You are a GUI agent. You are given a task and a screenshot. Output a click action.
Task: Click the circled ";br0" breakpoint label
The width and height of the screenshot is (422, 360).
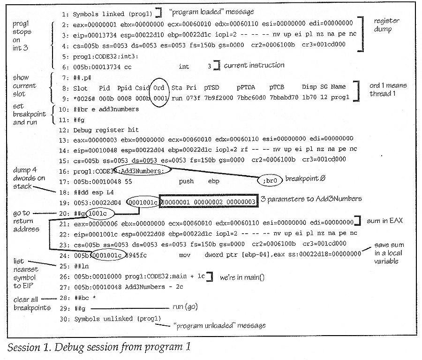click(x=270, y=180)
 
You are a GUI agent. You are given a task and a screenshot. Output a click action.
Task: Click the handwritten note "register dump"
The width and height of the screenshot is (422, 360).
click(x=386, y=25)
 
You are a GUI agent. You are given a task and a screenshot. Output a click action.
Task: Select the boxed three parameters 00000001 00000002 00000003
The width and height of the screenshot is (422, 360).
click(x=209, y=201)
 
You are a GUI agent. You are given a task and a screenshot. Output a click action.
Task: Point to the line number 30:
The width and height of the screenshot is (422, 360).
click(x=65, y=319)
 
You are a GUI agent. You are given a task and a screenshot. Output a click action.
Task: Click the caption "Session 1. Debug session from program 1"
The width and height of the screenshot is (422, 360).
click(x=99, y=347)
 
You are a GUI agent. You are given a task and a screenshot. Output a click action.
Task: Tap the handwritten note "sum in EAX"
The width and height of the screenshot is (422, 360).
click(x=384, y=221)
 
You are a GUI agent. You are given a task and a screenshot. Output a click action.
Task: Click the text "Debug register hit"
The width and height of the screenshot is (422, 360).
click(x=106, y=130)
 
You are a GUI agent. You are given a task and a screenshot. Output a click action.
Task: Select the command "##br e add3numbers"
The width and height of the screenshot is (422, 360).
click(x=106, y=109)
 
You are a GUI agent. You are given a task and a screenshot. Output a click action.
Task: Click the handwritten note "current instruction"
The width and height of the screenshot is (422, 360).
click(x=254, y=65)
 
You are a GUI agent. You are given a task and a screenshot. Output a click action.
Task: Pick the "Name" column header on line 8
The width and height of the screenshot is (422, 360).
click(x=338, y=87)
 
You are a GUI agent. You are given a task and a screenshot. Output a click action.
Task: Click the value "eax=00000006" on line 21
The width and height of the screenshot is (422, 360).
click(x=96, y=224)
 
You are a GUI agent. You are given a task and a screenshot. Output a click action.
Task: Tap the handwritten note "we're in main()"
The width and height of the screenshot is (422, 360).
click(x=242, y=277)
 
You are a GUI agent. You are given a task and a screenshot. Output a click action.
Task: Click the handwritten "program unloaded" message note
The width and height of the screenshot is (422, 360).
click(x=219, y=326)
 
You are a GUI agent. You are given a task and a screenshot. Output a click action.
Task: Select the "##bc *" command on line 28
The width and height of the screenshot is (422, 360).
click(x=85, y=298)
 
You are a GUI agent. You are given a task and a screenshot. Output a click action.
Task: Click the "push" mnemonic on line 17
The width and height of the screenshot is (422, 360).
click(x=186, y=181)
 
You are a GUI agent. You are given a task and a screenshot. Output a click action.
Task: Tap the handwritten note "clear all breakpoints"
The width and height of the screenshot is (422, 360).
click(x=32, y=304)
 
